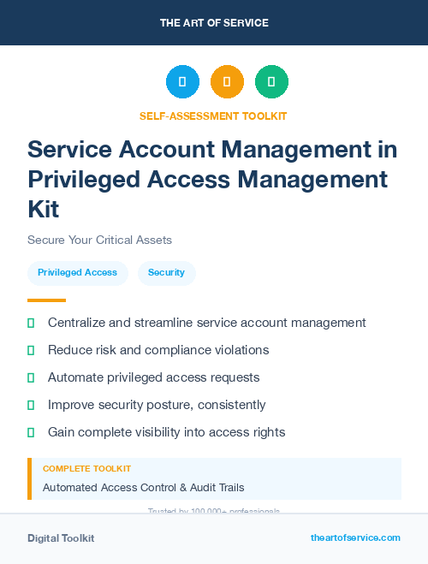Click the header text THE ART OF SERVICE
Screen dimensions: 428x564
(214, 23)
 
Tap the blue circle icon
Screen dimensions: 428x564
(182, 82)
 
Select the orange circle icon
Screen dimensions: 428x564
(227, 82)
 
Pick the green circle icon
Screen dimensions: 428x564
(271, 82)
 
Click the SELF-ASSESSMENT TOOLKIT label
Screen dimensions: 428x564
(213, 116)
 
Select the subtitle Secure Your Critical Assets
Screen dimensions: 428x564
(99, 240)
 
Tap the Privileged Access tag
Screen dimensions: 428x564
(77, 272)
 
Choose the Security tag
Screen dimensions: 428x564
(166, 272)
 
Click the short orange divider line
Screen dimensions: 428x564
(46, 300)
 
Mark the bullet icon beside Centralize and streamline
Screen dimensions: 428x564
(31, 323)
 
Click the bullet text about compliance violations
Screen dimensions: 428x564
(158, 350)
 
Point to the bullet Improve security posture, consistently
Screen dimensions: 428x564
(157, 405)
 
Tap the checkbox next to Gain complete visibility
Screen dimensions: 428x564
(31, 432)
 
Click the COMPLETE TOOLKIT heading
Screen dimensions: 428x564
(86, 469)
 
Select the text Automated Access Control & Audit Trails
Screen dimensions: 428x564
(143, 488)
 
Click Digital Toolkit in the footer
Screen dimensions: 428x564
(61, 538)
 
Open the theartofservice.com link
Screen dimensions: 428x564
(355, 537)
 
